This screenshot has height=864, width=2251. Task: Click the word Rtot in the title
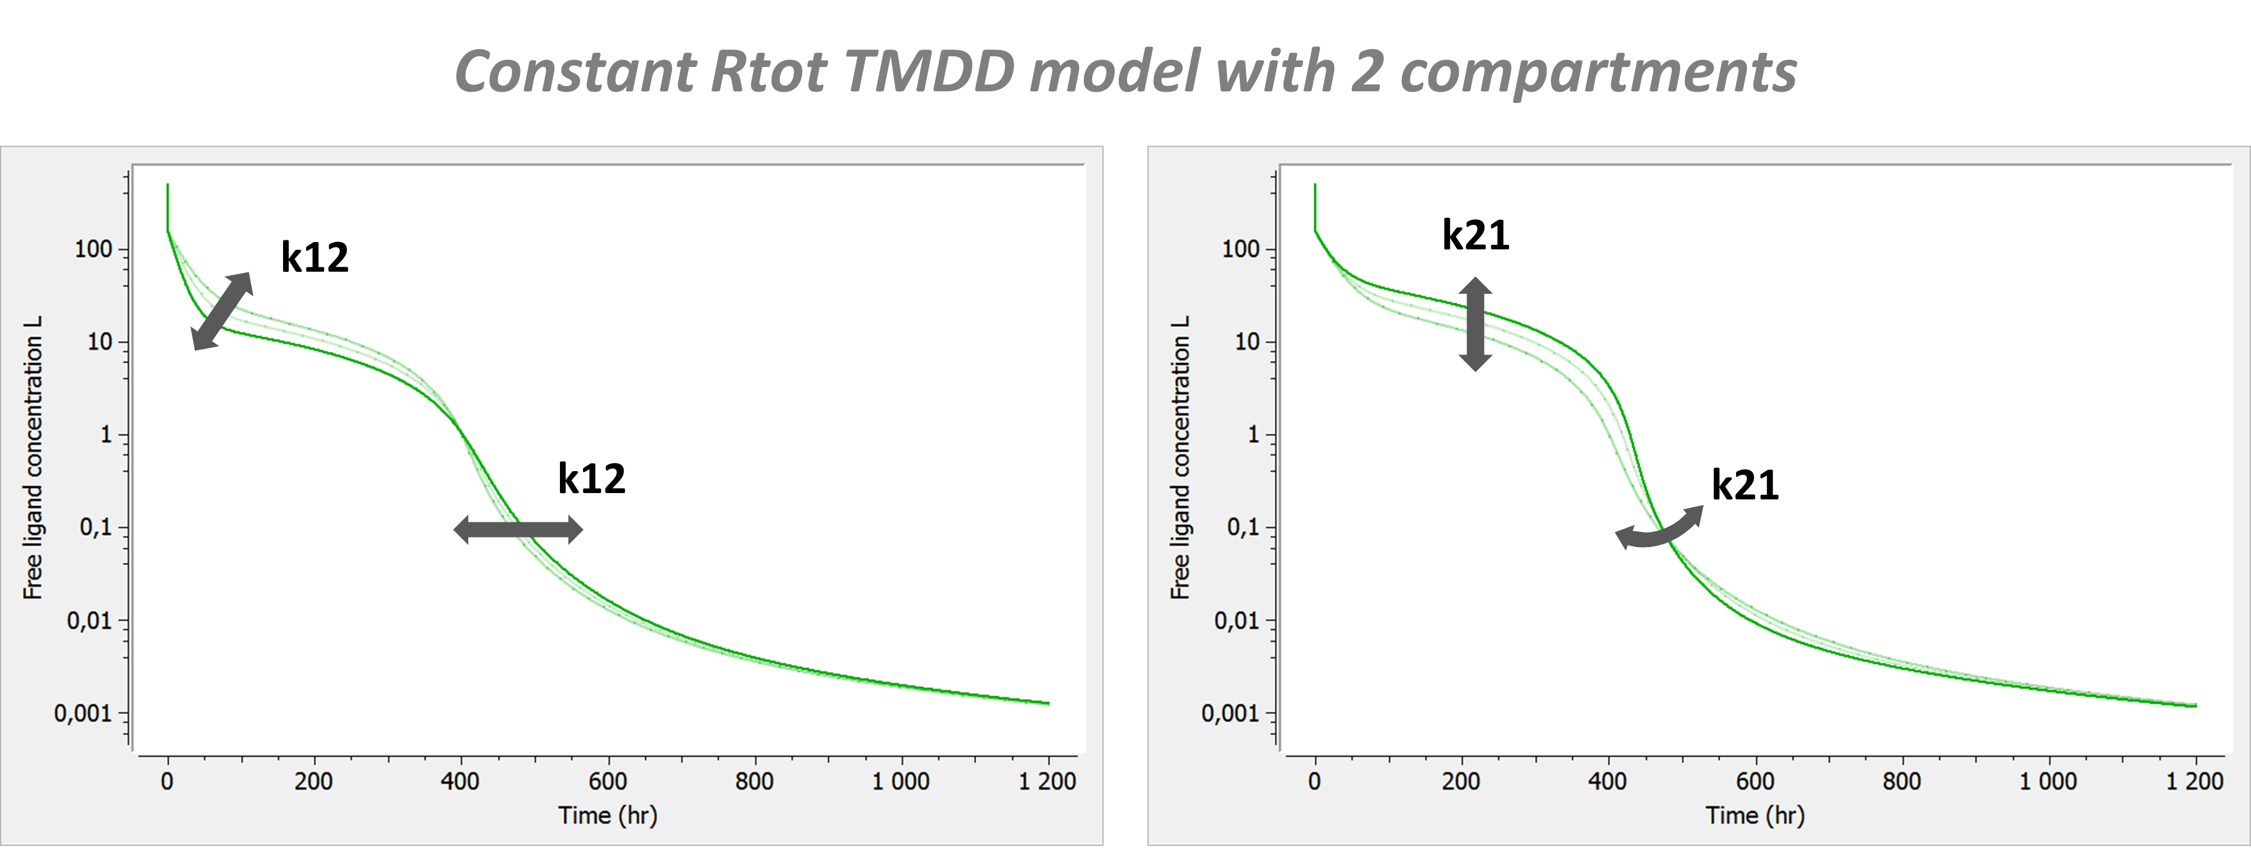pos(767,71)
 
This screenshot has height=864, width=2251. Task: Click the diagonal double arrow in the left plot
pos(222,311)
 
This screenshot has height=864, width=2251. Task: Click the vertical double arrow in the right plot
pos(1475,324)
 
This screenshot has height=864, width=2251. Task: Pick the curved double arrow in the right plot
pos(1658,530)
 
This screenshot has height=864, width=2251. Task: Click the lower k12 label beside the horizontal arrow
pos(591,479)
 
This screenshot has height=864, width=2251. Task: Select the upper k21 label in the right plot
pos(1475,235)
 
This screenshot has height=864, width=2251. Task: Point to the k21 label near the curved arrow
pos(1744,485)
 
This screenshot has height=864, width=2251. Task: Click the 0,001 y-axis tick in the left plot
pos(83,714)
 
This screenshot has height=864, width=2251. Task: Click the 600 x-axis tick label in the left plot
pos(607,781)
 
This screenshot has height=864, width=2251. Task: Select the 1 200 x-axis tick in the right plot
pos(2194,781)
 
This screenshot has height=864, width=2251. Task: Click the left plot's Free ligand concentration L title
pos(32,457)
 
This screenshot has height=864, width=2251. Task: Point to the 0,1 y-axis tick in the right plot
pos(1243,527)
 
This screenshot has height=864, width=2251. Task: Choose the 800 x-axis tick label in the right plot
pos(1902,781)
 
